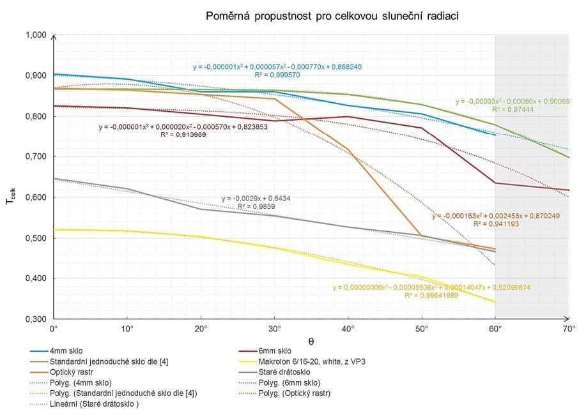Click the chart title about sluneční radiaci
332,15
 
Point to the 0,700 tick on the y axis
37,156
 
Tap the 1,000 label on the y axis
37,35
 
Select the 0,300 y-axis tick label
37,319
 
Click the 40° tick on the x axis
348,329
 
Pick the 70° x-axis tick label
569,329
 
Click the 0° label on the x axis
54,329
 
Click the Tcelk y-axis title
11,192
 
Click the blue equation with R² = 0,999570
278,70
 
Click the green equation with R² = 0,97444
513,106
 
